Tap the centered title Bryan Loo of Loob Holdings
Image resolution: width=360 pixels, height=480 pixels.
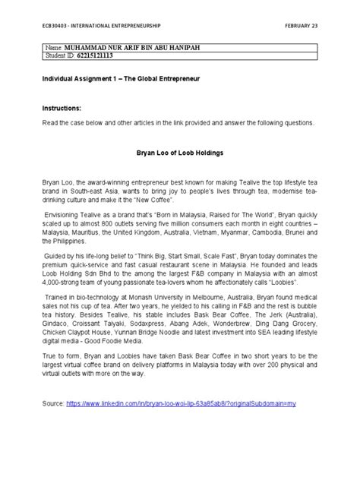181,153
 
